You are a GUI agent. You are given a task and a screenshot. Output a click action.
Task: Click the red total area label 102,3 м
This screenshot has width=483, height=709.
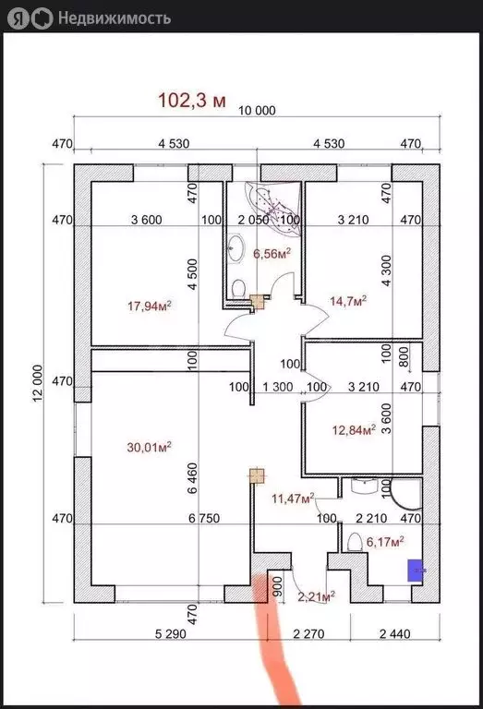pyautogui.click(x=192, y=101)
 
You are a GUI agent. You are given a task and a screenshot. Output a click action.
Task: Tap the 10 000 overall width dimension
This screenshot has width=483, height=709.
pyautogui.click(x=257, y=111)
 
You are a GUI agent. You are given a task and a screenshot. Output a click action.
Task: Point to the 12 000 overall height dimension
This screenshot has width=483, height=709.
pyautogui.click(x=38, y=383)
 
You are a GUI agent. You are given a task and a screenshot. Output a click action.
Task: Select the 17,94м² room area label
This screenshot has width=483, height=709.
pyautogui.click(x=150, y=306)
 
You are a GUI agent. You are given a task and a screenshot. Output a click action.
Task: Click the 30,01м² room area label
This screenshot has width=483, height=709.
pyautogui.click(x=149, y=447)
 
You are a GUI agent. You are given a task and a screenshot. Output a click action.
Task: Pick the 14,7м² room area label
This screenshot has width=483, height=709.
pyautogui.click(x=348, y=301)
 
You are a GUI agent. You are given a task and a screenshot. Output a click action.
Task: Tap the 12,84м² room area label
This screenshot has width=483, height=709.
pyautogui.click(x=354, y=429)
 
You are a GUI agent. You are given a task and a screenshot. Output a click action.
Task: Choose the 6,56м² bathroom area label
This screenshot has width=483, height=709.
pyautogui.click(x=272, y=254)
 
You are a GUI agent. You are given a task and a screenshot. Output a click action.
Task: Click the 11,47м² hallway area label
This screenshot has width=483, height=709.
pyautogui.click(x=293, y=499)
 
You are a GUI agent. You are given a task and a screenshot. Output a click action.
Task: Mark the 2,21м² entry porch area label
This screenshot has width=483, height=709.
pyautogui.click(x=317, y=597)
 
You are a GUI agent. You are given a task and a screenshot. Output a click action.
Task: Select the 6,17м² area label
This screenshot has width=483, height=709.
pyautogui.click(x=385, y=541)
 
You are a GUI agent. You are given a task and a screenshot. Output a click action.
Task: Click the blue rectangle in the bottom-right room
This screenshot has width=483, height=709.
pyautogui.click(x=416, y=571)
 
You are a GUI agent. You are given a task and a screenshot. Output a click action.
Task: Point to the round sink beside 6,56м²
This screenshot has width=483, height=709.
pyautogui.click(x=236, y=247)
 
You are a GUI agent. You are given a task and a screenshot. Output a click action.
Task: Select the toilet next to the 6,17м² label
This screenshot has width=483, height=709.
pyautogui.click(x=355, y=542)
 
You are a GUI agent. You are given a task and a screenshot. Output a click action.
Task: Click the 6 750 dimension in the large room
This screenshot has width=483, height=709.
pyautogui.click(x=204, y=518)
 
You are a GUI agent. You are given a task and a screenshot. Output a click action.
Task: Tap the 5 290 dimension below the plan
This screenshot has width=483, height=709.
pyautogui.click(x=171, y=634)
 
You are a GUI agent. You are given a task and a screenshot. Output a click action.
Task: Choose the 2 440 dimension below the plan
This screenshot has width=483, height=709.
pyautogui.click(x=395, y=634)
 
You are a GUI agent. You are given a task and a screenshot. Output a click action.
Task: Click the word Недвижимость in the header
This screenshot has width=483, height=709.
pyautogui.click(x=115, y=18)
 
